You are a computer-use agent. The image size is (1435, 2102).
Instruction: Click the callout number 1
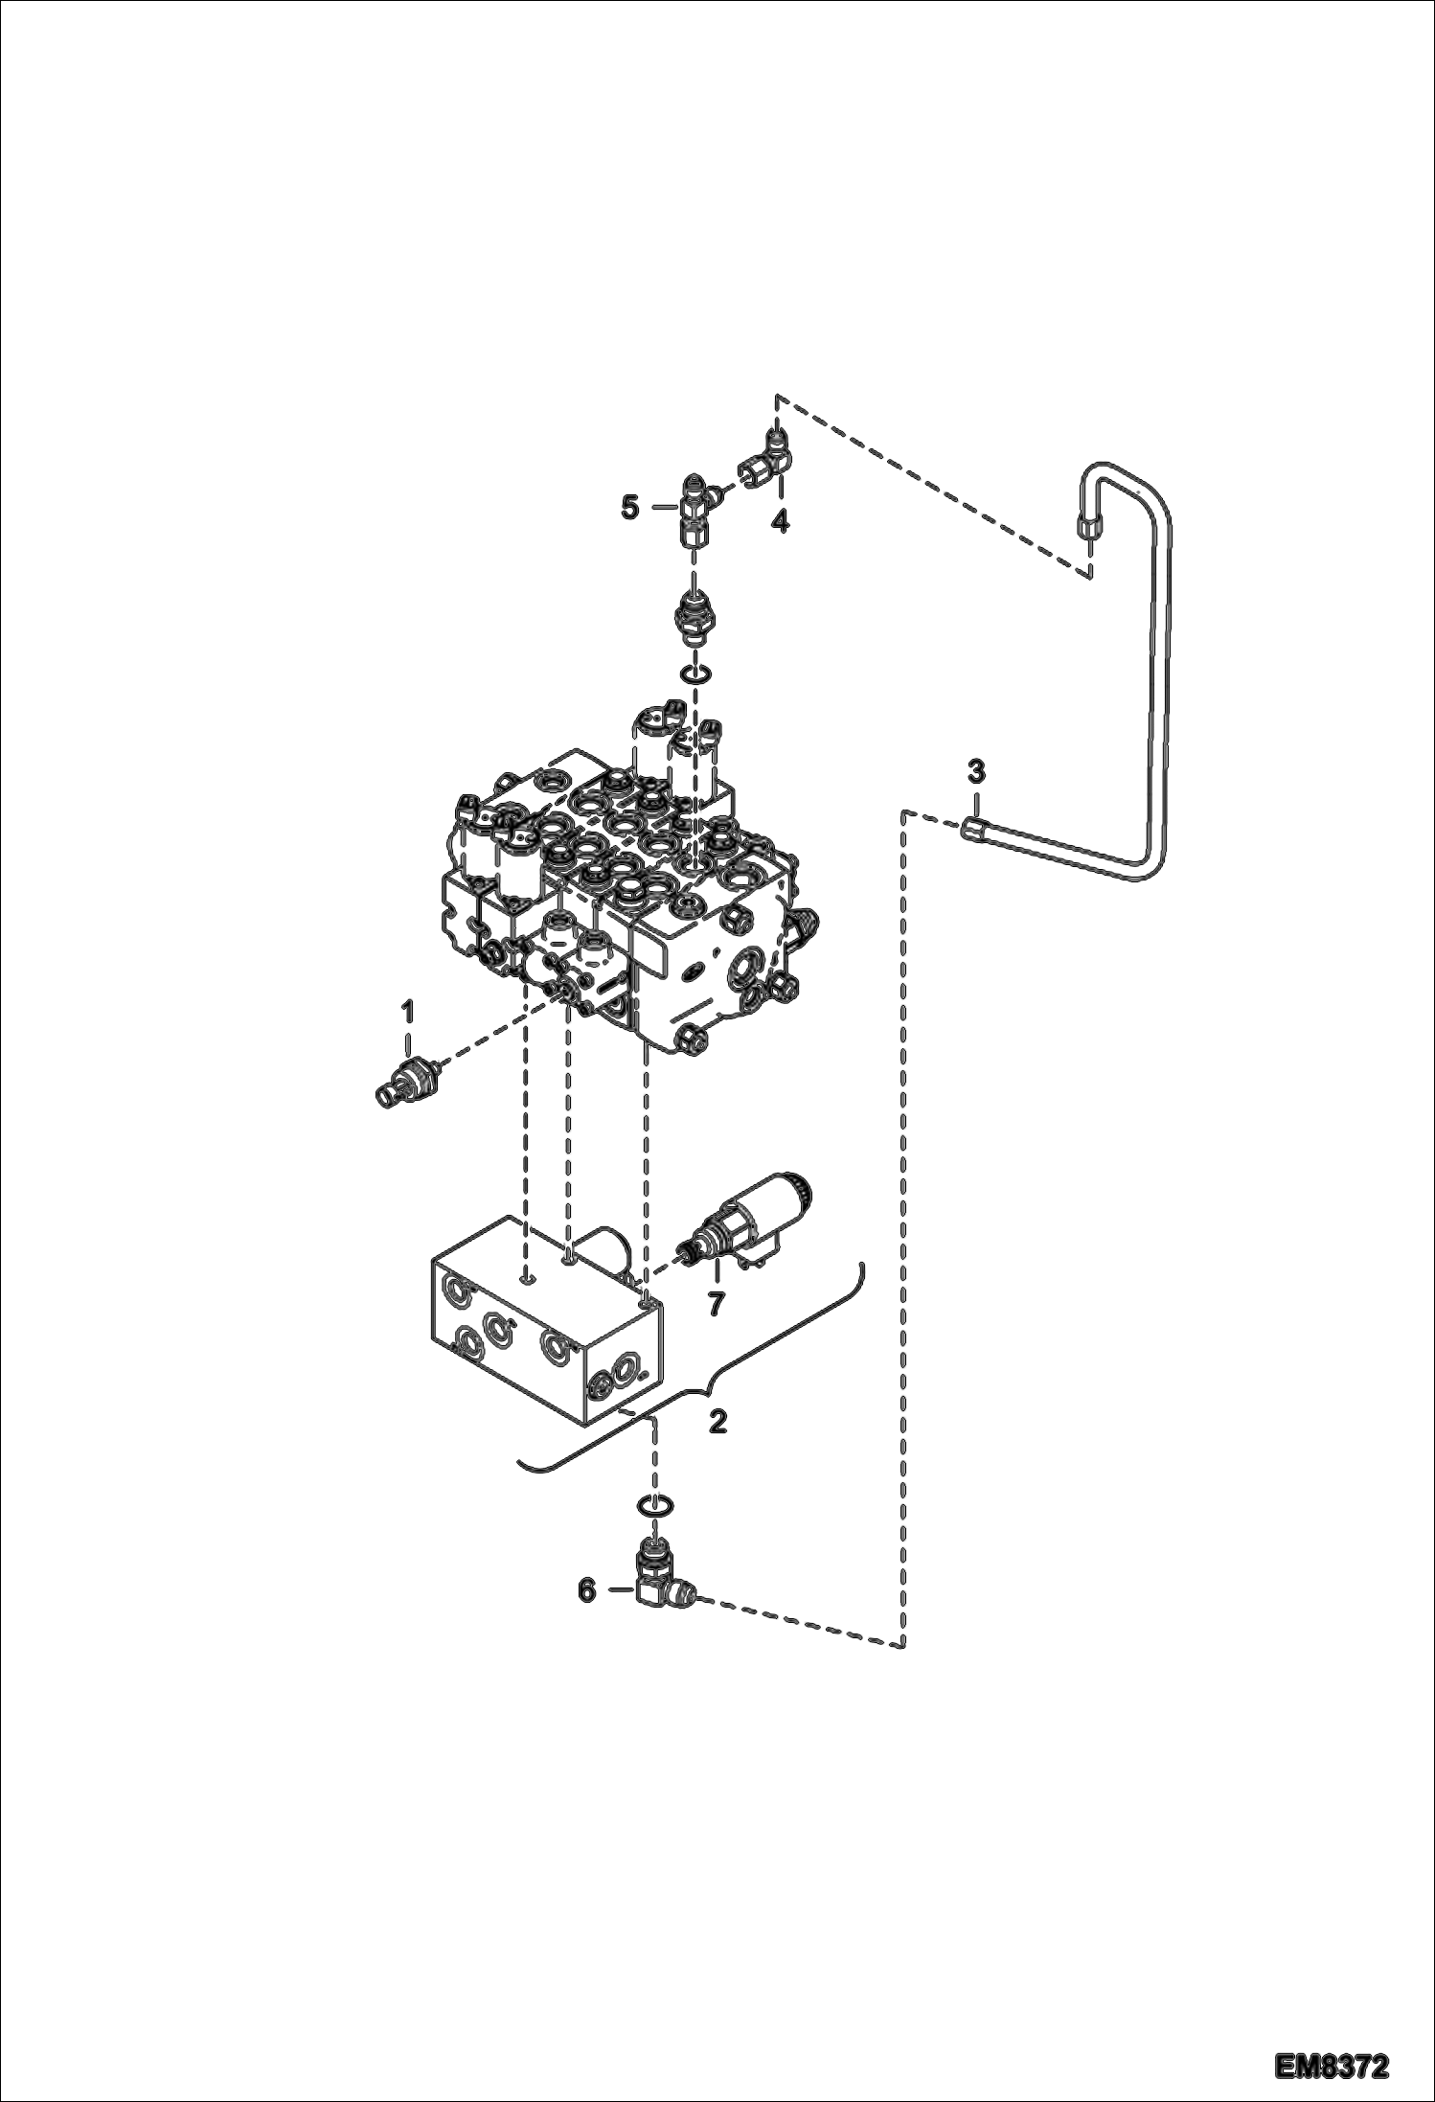pyautogui.click(x=407, y=1011)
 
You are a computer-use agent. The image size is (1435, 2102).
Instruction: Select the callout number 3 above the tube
pyautogui.click(x=975, y=770)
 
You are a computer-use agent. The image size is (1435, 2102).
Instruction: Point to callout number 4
pyautogui.click(x=781, y=522)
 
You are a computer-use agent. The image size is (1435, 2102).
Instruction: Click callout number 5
pyautogui.click(x=629, y=507)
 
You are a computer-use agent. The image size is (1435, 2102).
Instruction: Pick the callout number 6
pyautogui.click(x=587, y=1590)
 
